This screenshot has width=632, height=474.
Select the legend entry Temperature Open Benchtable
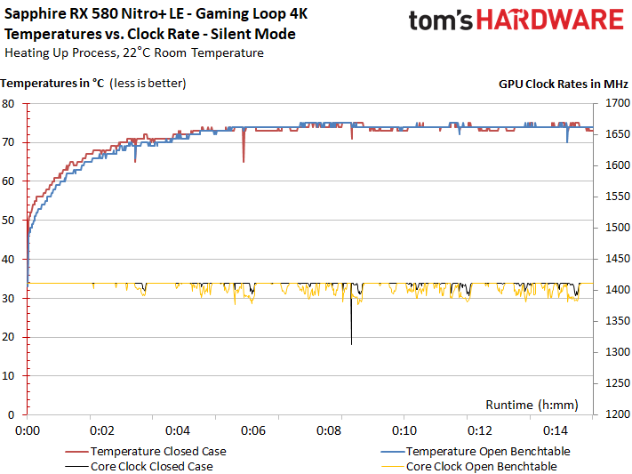(x=481, y=450)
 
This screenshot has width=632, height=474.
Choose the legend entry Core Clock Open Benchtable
(x=481, y=466)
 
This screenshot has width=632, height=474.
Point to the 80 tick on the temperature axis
(x=9, y=103)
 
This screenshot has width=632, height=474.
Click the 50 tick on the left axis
(x=9, y=220)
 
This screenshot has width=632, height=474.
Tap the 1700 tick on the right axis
(x=614, y=103)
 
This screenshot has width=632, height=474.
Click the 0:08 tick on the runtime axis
(x=329, y=430)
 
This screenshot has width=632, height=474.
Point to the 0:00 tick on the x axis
(x=28, y=430)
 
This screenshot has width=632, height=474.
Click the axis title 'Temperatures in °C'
(x=52, y=84)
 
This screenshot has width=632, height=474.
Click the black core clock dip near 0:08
(x=352, y=333)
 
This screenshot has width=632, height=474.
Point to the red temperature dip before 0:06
(x=244, y=156)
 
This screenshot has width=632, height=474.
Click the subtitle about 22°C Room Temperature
(x=134, y=52)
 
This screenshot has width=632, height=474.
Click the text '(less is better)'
(x=148, y=84)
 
